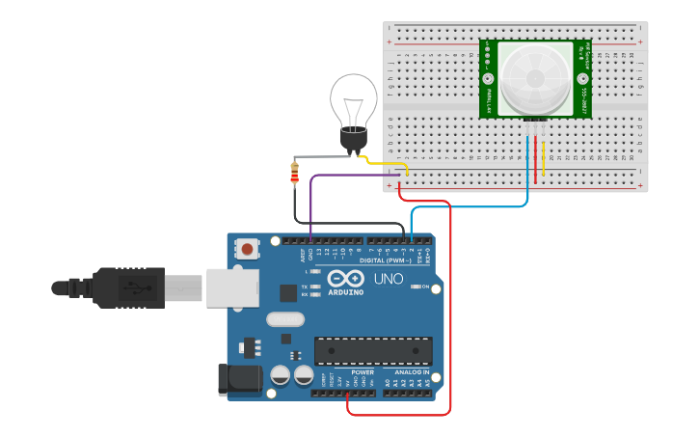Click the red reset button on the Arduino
(x=248, y=250)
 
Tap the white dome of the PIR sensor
(x=534, y=78)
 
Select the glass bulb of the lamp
(x=354, y=100)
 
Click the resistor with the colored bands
(x=295, y=174)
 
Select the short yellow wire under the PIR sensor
(x=544, y=159)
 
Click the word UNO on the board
(x=389, y=281)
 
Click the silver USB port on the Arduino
(x=232, y=287)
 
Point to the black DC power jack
(x=240, y=379)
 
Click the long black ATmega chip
(x=372, y=351)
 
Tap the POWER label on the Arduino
(x=363, y=372)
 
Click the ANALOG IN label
(x=412, y=372)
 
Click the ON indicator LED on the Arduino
(x=415, y=287)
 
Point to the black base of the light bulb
(x=354, y=141)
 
